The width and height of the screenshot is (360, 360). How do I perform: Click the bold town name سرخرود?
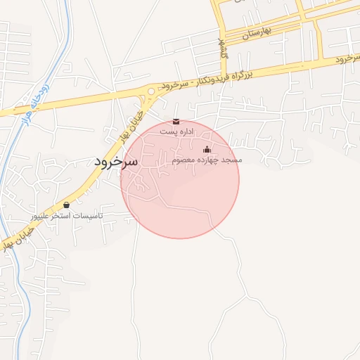[x=117, y=161]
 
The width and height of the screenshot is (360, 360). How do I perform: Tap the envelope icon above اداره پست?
[x=176, y=122]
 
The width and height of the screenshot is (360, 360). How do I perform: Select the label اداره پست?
[x=176, y=131]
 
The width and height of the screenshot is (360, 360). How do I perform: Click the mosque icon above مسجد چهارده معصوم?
[x=207, y=149]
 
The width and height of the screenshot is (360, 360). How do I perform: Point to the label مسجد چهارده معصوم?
[x=207, y=160]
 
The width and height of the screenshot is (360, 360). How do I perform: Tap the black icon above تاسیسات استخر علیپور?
[x=67, y=205]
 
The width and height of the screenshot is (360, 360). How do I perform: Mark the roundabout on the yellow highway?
[x=150, y=91]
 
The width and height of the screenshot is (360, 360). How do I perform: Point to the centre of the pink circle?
[x=180, y=179]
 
